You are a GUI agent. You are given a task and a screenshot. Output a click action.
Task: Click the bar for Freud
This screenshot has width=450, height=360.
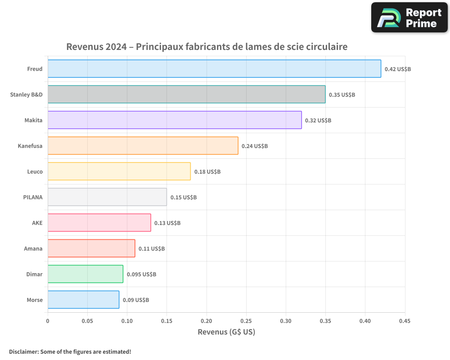(214, 69)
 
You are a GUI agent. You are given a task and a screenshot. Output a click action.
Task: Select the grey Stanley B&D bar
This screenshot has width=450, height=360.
(186, 94)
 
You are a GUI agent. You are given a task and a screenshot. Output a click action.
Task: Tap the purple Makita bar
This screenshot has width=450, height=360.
(175, 120)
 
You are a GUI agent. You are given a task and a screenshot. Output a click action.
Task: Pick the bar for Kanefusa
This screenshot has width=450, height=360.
(143, 146)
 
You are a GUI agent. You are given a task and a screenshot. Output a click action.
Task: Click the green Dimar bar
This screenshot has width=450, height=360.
(85, 274)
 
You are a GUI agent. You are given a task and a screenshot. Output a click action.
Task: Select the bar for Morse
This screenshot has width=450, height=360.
(83, 300)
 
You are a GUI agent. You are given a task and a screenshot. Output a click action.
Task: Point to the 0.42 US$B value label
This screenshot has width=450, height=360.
(398, 69)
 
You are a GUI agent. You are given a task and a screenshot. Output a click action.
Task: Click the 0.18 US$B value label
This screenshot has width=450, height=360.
(207, 172)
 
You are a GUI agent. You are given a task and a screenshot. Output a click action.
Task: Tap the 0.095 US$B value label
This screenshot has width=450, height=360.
(141, 274)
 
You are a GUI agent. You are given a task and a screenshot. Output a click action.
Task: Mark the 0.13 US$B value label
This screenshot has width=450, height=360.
(167, 223)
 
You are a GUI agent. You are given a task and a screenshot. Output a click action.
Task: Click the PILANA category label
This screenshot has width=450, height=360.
(33, 197)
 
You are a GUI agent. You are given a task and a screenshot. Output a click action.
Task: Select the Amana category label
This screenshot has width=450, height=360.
(33, 248)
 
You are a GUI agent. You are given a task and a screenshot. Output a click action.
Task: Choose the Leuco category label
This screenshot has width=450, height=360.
(35, 171)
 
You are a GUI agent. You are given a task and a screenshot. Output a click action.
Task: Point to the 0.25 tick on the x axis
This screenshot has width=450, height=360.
(246, 321)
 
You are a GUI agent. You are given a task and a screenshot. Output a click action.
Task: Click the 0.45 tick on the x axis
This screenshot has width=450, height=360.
(405, 321)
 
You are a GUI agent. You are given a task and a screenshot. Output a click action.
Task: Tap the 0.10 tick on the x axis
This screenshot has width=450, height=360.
(127, 321)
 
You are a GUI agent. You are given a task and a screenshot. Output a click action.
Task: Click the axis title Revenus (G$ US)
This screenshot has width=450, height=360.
(226, 332)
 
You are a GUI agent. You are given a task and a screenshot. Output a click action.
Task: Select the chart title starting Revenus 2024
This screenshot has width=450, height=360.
(207, 47)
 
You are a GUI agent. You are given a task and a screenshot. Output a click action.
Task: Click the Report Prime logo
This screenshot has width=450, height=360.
(409, 18)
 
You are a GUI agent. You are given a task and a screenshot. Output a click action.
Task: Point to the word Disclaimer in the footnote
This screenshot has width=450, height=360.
(23, 351)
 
